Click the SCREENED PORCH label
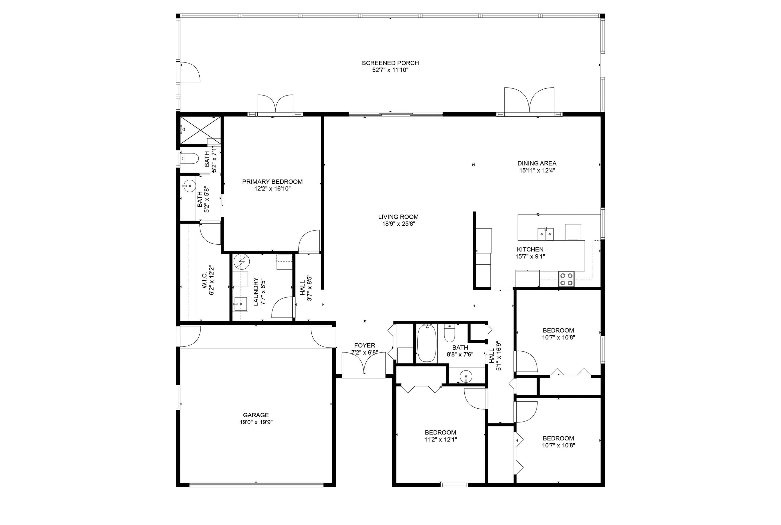[390, 63]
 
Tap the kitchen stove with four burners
[566, 279]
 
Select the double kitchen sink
[546, 234]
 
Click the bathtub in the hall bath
[427, 343]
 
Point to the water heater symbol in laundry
[242, 262]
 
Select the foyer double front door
[364, 364]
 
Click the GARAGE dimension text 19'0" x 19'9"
[256, 422]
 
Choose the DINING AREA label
[537, 163]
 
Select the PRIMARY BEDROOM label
[272, 182]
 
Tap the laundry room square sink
[240, 304]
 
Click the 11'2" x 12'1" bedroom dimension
[440, 440]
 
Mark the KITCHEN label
[530, 249]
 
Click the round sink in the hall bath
[466, 376]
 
